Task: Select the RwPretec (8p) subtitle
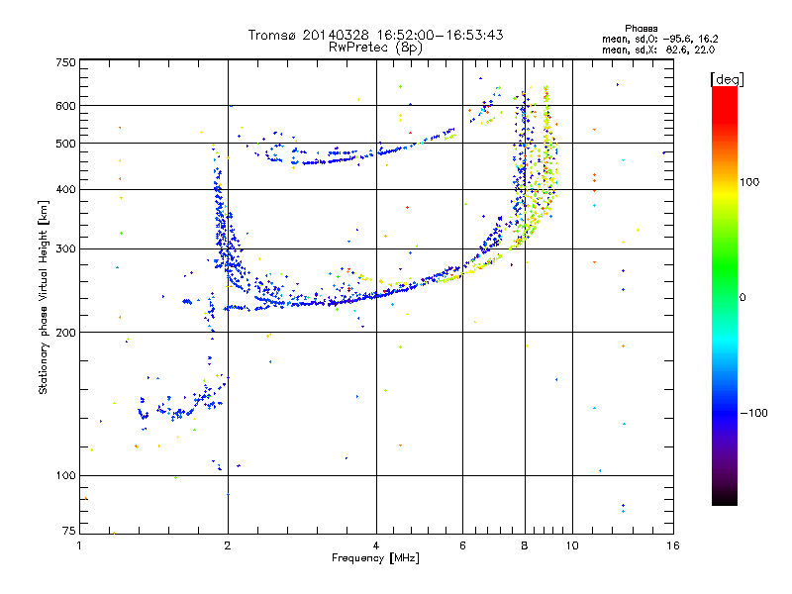pos(376,47)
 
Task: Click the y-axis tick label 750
pos(65,62)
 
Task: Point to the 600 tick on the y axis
pos(65,106)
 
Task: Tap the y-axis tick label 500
pos(65,144)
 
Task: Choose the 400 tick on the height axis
pos(65,190)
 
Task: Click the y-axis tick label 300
pos(65,249)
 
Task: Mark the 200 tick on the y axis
pos(65,333)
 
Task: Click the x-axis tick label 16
pos(673,545)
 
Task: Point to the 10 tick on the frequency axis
pos(571,545)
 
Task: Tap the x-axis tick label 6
pos(462,545)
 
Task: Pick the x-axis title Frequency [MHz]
pos(375,558)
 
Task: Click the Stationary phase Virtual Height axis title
pos(43,297)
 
